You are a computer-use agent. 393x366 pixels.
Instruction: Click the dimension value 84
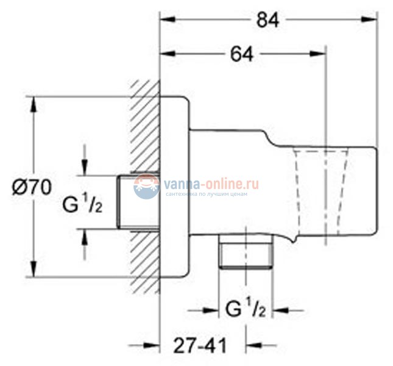click(267, 20)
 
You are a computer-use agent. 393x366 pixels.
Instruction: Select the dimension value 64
click(242, 54)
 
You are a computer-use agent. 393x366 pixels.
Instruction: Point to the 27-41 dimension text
click(197, 346)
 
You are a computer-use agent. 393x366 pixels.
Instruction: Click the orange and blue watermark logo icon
click(146, 186)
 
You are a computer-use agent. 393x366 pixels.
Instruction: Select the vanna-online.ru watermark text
click(211, 183)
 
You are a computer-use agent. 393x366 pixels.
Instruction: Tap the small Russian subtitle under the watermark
click(211, 195)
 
